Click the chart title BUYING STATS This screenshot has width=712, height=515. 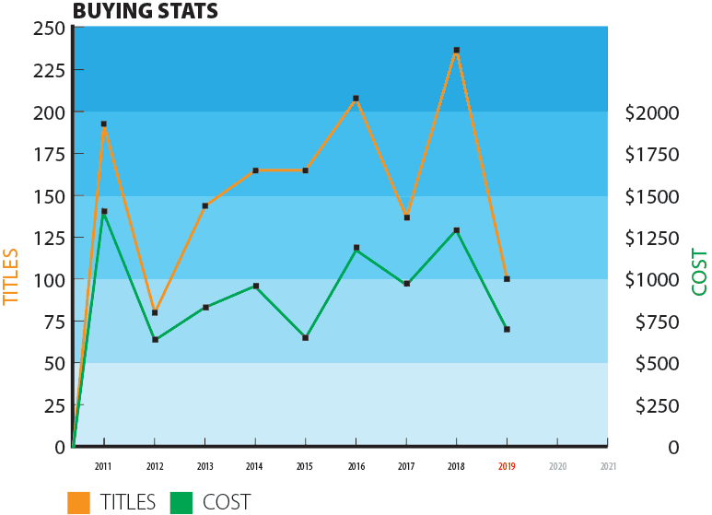coord(145,11)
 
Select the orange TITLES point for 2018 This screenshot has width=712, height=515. coord(456,51)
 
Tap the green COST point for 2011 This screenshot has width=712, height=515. coord(104,212)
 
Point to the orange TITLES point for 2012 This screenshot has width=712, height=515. coord(155,312)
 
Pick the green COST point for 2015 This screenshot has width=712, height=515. coord(305,338)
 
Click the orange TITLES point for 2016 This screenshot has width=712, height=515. coord(356,99)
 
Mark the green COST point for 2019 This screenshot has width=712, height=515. coord(507,329)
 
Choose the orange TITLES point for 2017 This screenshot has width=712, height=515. coord(406,217)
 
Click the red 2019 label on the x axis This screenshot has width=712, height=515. coord(507,467)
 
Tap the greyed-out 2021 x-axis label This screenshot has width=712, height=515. coord(608,467)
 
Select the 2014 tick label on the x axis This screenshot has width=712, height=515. coord(255,467)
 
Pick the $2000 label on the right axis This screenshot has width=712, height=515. coord(652,112)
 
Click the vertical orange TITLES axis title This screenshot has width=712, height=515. coord(11,276)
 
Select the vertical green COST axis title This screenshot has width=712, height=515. coord(699,272)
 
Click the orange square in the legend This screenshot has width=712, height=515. coord(78,502)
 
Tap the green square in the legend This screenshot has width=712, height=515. coord(181,502)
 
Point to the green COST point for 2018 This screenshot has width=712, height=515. coord(456,230)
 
